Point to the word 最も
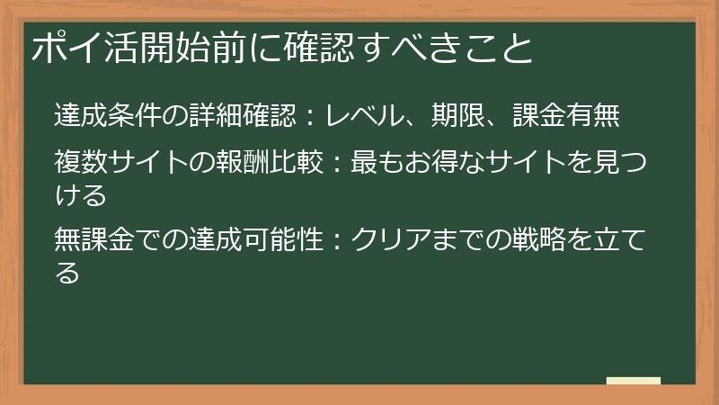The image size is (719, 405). pos(369,164)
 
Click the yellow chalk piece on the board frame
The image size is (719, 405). pos(633,381)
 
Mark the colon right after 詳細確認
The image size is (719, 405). pos(308,117)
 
